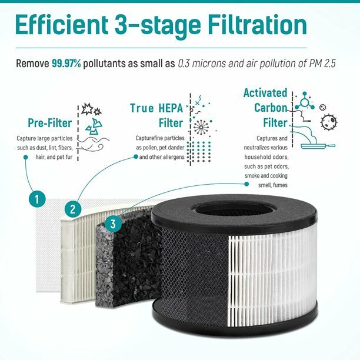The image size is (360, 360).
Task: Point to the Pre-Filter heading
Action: tap(49, 123)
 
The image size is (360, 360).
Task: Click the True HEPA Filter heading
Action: tap(156, 115)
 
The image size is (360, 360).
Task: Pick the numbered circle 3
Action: tap(112, 223)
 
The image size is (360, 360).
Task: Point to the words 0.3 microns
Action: tap(204, 62)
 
